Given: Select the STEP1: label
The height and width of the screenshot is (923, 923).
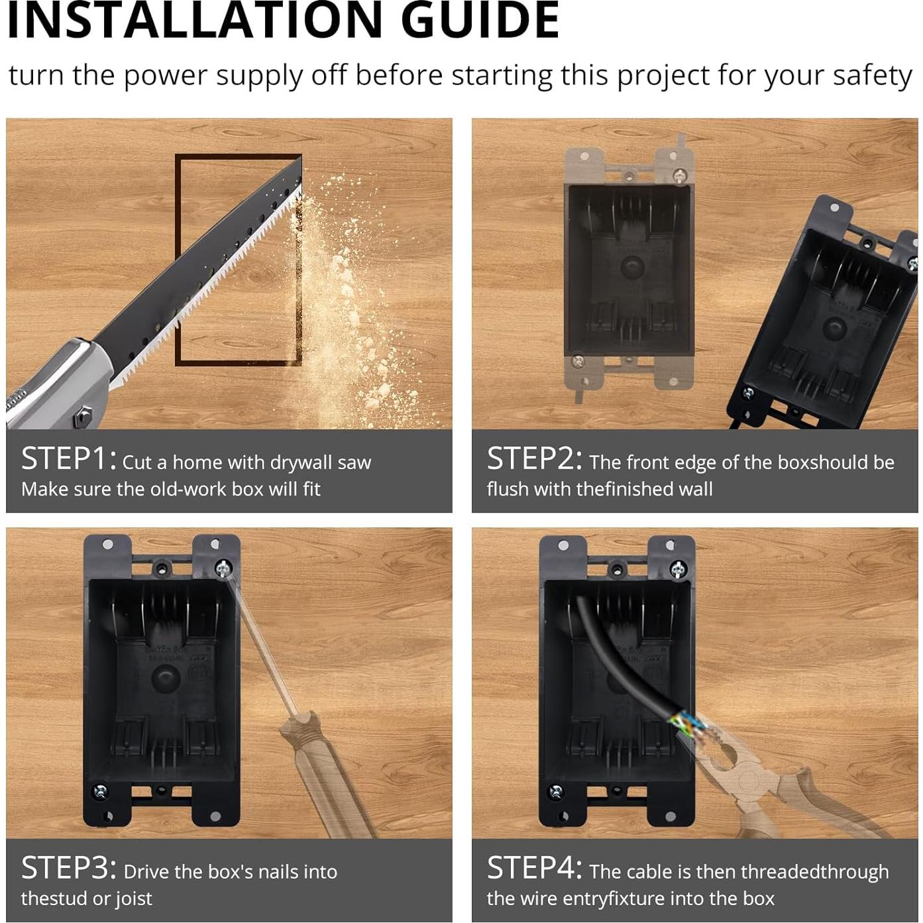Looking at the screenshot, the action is click(x=68, y=459).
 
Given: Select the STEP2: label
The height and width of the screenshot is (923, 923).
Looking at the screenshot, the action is click(x=535, y=459).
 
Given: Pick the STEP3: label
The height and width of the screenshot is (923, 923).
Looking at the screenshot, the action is click(x=68, y=868).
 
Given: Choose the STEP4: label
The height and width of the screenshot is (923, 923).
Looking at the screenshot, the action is click(x=535, y=868).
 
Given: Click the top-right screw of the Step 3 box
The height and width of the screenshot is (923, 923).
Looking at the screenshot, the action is click(x=223, y=569).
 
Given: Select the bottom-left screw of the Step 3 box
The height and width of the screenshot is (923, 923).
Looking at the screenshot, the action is click(x=100, y=792).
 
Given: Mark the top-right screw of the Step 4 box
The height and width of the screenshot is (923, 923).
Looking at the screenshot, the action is click(x=679, y=569).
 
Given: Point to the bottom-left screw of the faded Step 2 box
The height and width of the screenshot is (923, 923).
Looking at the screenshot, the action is click(x=578, y=360).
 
